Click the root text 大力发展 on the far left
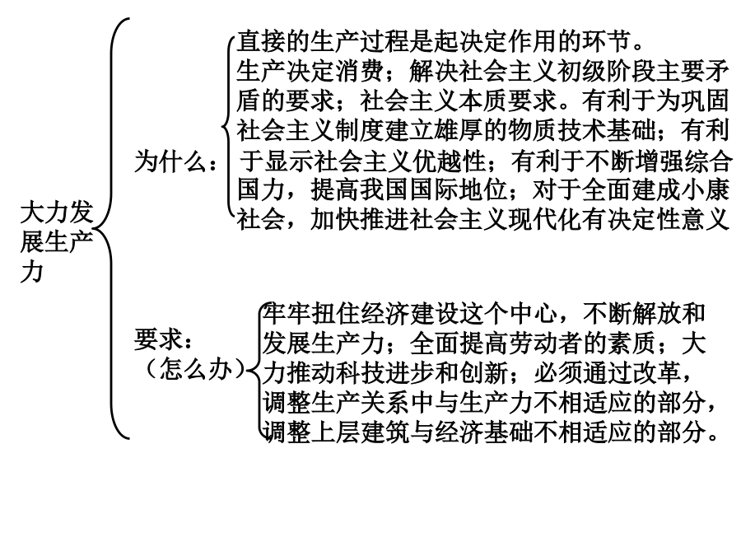(x=57, y=227)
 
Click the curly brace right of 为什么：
(x=229, y=127)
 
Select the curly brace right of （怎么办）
(x=256, y=369)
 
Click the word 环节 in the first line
(x=606, y=42)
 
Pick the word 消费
(x=359, y=72)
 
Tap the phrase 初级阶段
(x=606, y=72)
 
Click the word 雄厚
(x=458, y=130)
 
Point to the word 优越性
(x=450, y=161)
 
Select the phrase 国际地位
(x=459, y=190)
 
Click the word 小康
(x=705, y=190)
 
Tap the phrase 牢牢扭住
(x=311, y=313)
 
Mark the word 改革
(x=656, y=372)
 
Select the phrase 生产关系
(x=361, y=402)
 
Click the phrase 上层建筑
(x=361, y=431)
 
